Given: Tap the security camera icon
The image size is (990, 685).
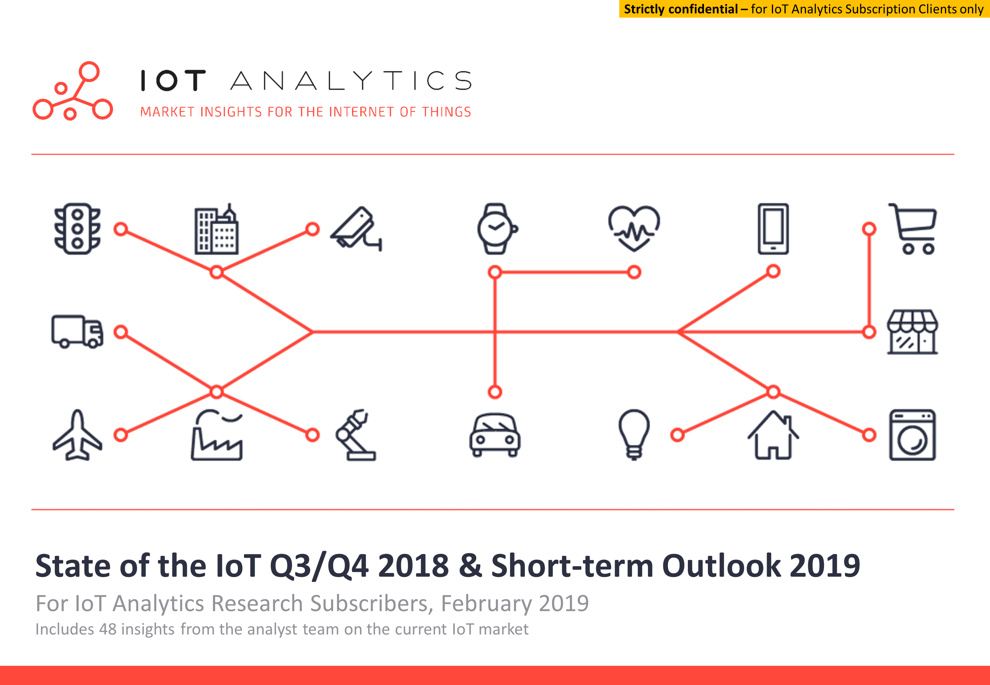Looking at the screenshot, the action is tap(356, 228).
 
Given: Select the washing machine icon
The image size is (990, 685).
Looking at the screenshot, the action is tap(913, 435).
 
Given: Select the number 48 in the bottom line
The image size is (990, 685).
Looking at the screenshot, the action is tap(108, 629).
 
